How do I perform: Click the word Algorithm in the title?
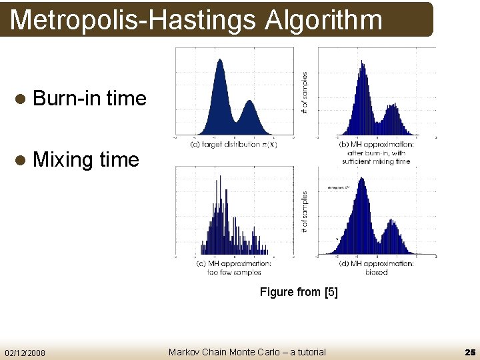[x=324, y=20]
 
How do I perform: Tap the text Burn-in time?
[x=89, y=99]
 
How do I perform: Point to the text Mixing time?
[x=85, y=160]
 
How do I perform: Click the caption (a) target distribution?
[x=233, y=144]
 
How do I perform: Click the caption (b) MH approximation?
[x=376, y=144]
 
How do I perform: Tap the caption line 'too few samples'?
[x=233, y=272]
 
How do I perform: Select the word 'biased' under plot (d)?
[x=376, y=272]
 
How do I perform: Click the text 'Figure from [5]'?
[x=299, y=292]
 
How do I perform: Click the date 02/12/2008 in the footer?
[x=25, y=352]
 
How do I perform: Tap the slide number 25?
[x=469, y=351]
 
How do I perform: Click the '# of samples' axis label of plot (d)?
[x=305, y=212]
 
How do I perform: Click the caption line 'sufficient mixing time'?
[x=376, y=161]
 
